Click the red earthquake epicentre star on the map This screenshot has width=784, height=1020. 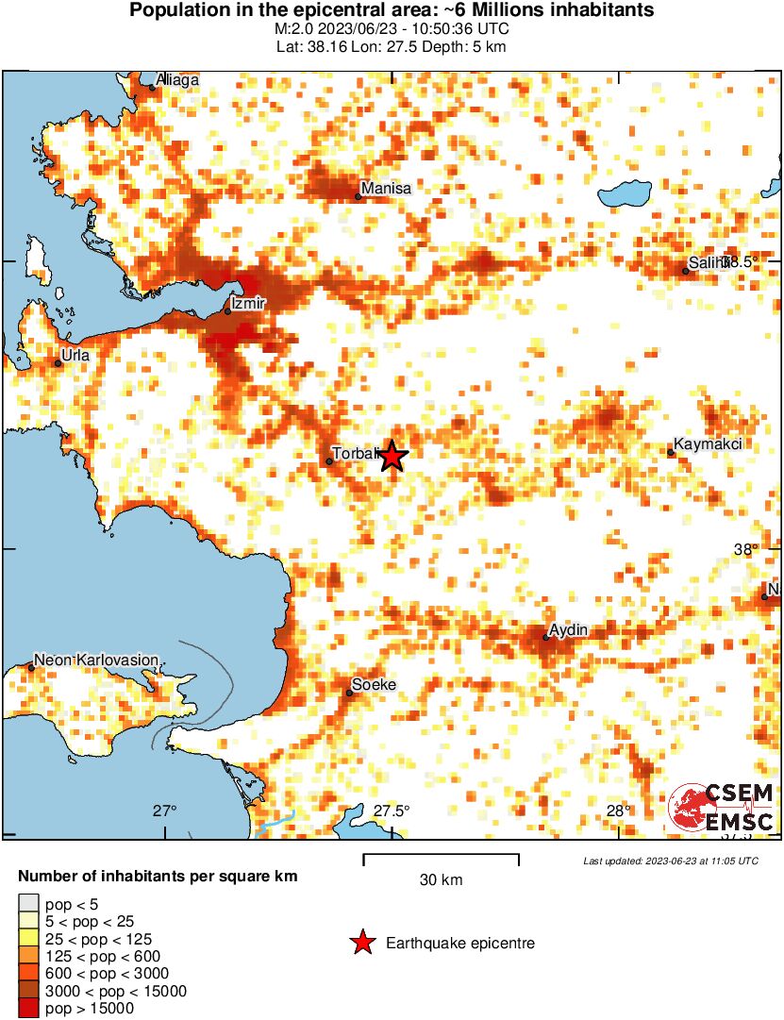(x=392, y=457)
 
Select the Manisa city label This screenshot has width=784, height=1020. (x=386, y=188)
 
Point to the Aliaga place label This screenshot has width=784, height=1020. (x=178, y=80)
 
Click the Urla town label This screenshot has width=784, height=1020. (x=75, y=356)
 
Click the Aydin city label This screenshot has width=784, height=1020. (x=569, y=629)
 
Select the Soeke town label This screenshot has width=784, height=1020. (x=374, y=685)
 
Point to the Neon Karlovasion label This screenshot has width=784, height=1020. (x=96, y=660)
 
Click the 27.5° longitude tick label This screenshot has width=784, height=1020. (x=392, y=811)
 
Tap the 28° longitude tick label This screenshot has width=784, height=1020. (x=618, y=811)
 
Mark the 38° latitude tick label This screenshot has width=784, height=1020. (x=747, y=550)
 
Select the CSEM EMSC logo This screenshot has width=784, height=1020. (x=722, y=808)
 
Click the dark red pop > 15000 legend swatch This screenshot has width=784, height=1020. (x=28, y=1009)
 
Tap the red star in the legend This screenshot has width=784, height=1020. (x=360, y=943)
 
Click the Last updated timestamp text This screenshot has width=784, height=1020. (x=670, y=861)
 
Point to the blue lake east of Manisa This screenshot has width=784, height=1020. (x=626, y=195)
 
